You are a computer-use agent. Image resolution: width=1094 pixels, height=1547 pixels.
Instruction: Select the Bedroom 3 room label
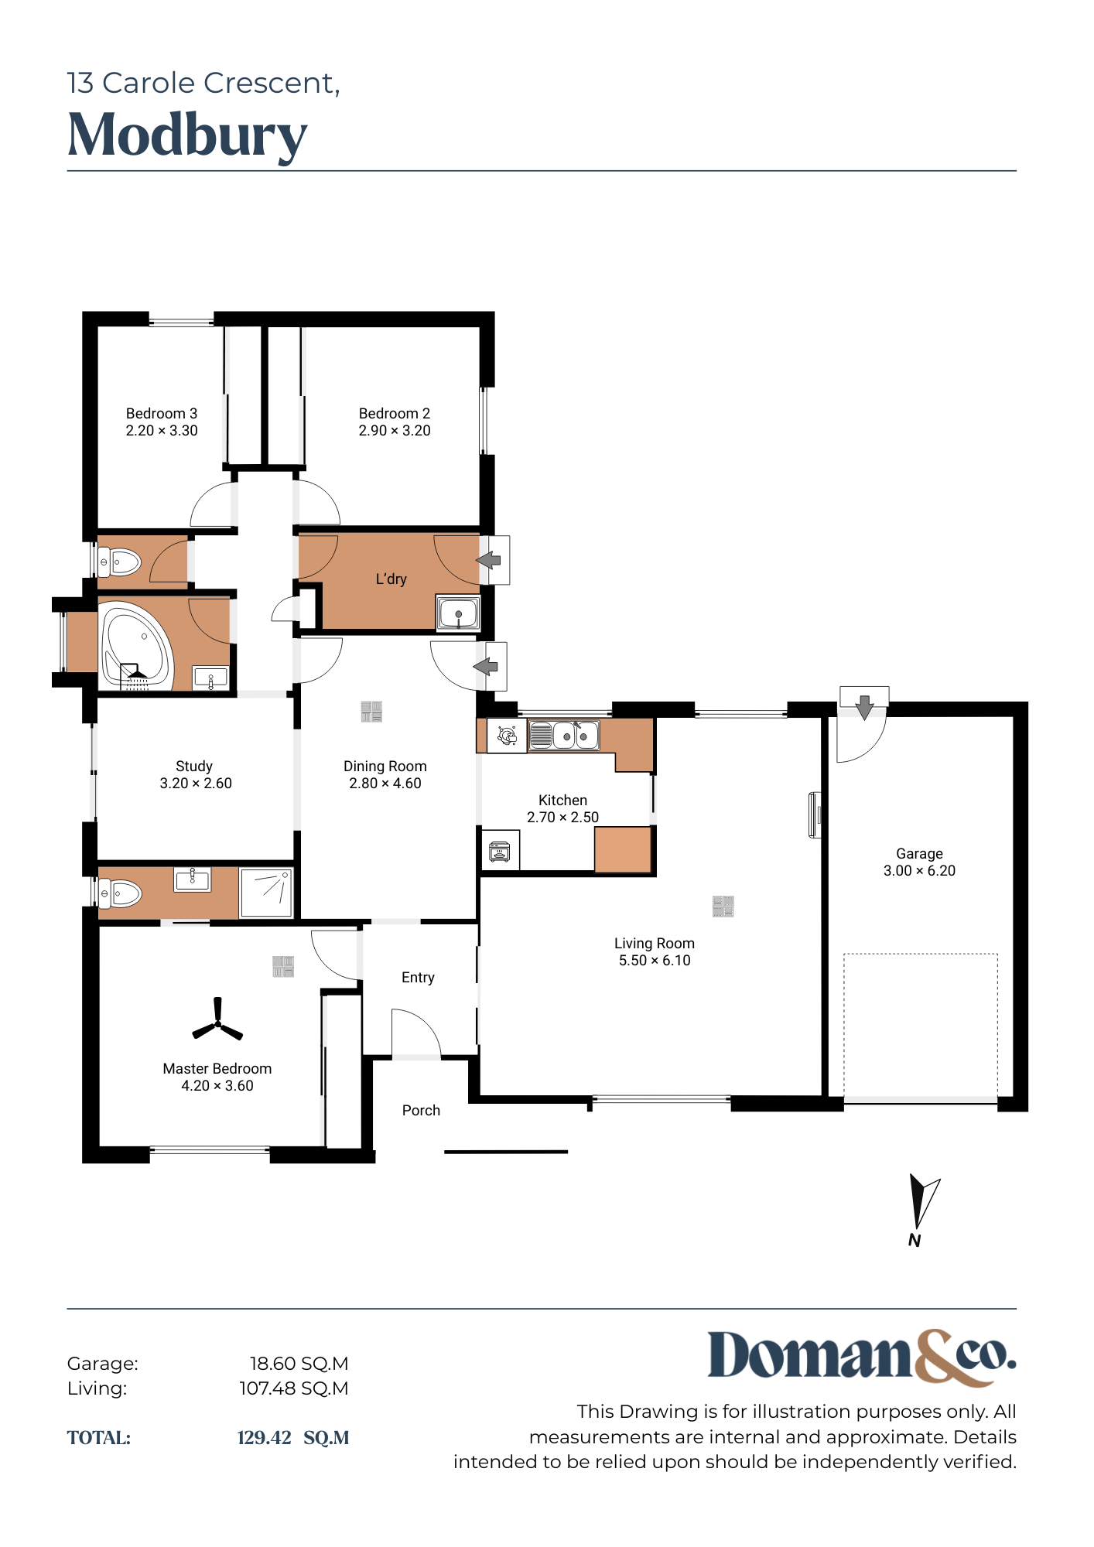162,414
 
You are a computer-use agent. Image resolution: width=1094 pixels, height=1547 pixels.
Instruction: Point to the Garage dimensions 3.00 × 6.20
919,871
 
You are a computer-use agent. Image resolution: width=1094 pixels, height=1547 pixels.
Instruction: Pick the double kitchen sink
564,736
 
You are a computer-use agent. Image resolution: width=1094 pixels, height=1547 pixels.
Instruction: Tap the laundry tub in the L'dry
459,613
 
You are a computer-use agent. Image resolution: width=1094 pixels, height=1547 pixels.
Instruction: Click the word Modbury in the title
188,136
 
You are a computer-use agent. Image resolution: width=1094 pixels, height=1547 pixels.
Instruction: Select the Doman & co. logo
862,1357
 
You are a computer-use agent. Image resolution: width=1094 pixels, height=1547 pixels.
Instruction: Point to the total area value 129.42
264,1438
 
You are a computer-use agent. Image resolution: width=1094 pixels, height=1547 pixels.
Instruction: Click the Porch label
421,1111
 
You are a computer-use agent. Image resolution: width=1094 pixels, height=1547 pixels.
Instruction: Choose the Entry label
418,978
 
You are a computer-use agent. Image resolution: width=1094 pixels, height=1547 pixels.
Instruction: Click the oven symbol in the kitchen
500,852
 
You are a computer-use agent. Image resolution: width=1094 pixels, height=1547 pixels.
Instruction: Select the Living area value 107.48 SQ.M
294,1388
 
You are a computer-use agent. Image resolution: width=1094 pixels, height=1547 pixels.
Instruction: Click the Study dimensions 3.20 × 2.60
196,784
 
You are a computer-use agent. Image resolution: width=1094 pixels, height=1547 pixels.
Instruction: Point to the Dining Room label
385,767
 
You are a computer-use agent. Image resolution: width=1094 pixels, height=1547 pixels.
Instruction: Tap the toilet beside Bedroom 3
119,562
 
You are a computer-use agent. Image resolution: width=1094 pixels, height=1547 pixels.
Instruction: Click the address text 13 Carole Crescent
203,84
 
